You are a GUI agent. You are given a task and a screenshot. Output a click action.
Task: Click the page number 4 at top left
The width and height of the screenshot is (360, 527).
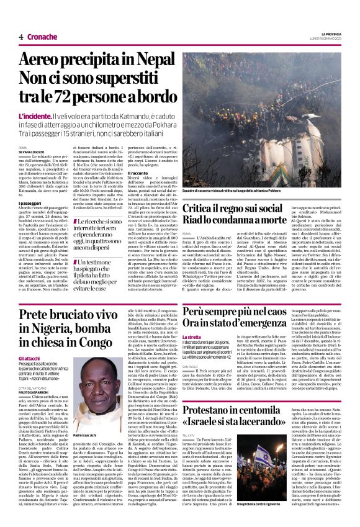tap(20, 37)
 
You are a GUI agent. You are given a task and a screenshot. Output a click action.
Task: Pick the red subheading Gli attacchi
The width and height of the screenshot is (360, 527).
tap(29, 359)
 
